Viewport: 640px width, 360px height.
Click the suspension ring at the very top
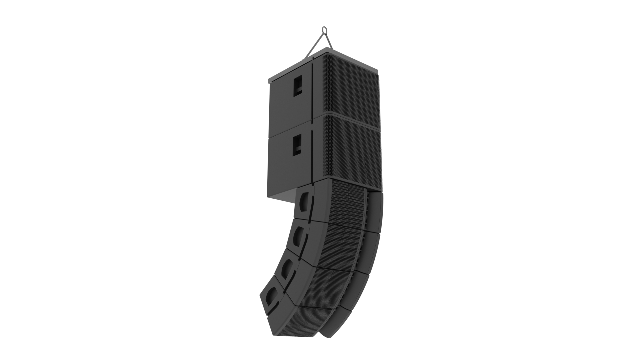coord(324,30)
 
